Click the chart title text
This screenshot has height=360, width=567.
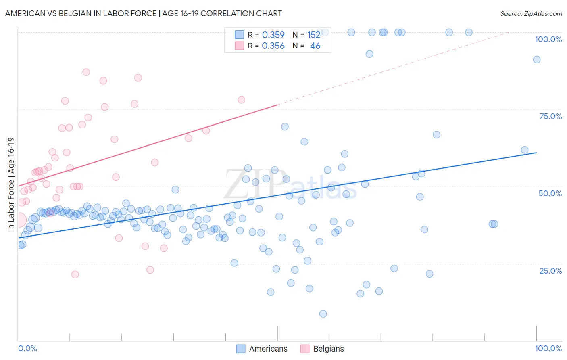[x=144, y=13]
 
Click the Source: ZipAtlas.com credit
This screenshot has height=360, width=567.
[x=531, y=13]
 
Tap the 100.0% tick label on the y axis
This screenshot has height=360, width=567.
[x=548, y=39]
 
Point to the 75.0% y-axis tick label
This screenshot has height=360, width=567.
[x=550, y=116]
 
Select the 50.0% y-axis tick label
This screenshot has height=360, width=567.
[x=550, y=193]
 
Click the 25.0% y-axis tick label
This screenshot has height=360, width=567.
[x=550, y=271]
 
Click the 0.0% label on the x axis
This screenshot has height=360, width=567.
[x=27, y=348]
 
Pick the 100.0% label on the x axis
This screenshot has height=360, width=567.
[x=548, y=348]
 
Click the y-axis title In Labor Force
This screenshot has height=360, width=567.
[x=11, y=184]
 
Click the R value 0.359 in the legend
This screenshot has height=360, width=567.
[x=273, y=35]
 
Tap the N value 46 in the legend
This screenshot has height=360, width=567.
[x=315, y=46]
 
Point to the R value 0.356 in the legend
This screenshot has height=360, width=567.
[x=273, y=46]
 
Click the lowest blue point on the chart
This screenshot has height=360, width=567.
[x=323, y=314]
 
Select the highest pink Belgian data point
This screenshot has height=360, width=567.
[x=86, y=72]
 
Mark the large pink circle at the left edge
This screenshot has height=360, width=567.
[x=19, y=220]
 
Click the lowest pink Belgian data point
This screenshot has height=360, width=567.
[x=75, y=274]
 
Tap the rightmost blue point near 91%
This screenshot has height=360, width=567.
[x=537, y=59]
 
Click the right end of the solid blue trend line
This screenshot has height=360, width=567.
[x=537, y=153]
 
